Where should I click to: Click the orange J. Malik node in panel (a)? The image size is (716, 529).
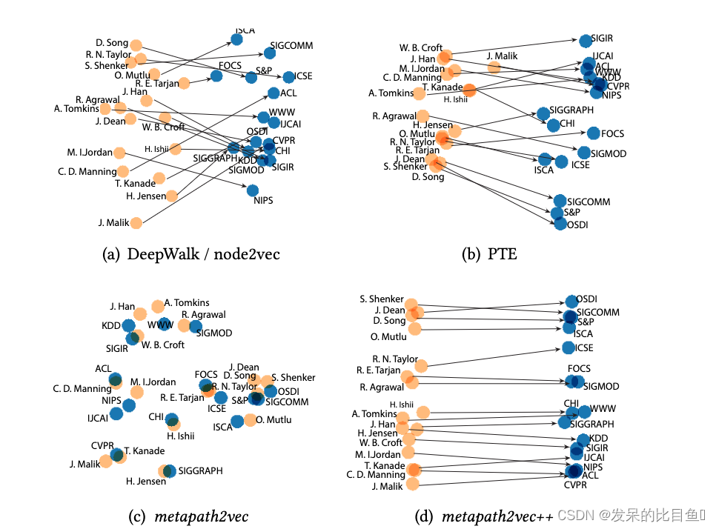coord(136,222)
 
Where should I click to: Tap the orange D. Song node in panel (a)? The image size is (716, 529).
coord(136,45)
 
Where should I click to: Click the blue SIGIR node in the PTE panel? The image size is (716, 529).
coord(586,40)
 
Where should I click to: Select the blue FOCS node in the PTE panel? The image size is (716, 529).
coord(593,134)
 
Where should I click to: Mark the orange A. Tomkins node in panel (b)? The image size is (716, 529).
coord(420,93)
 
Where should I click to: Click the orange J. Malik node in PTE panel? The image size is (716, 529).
coord(494,67)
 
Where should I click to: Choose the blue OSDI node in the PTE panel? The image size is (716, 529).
coord(561,223)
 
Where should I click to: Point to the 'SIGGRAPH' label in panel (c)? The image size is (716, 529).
coord(200,470)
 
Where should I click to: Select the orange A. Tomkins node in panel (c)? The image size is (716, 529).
coord(157,307)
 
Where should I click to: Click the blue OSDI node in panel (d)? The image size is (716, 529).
coord(571,301)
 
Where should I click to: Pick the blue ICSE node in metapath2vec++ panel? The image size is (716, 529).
coord(569,347)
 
